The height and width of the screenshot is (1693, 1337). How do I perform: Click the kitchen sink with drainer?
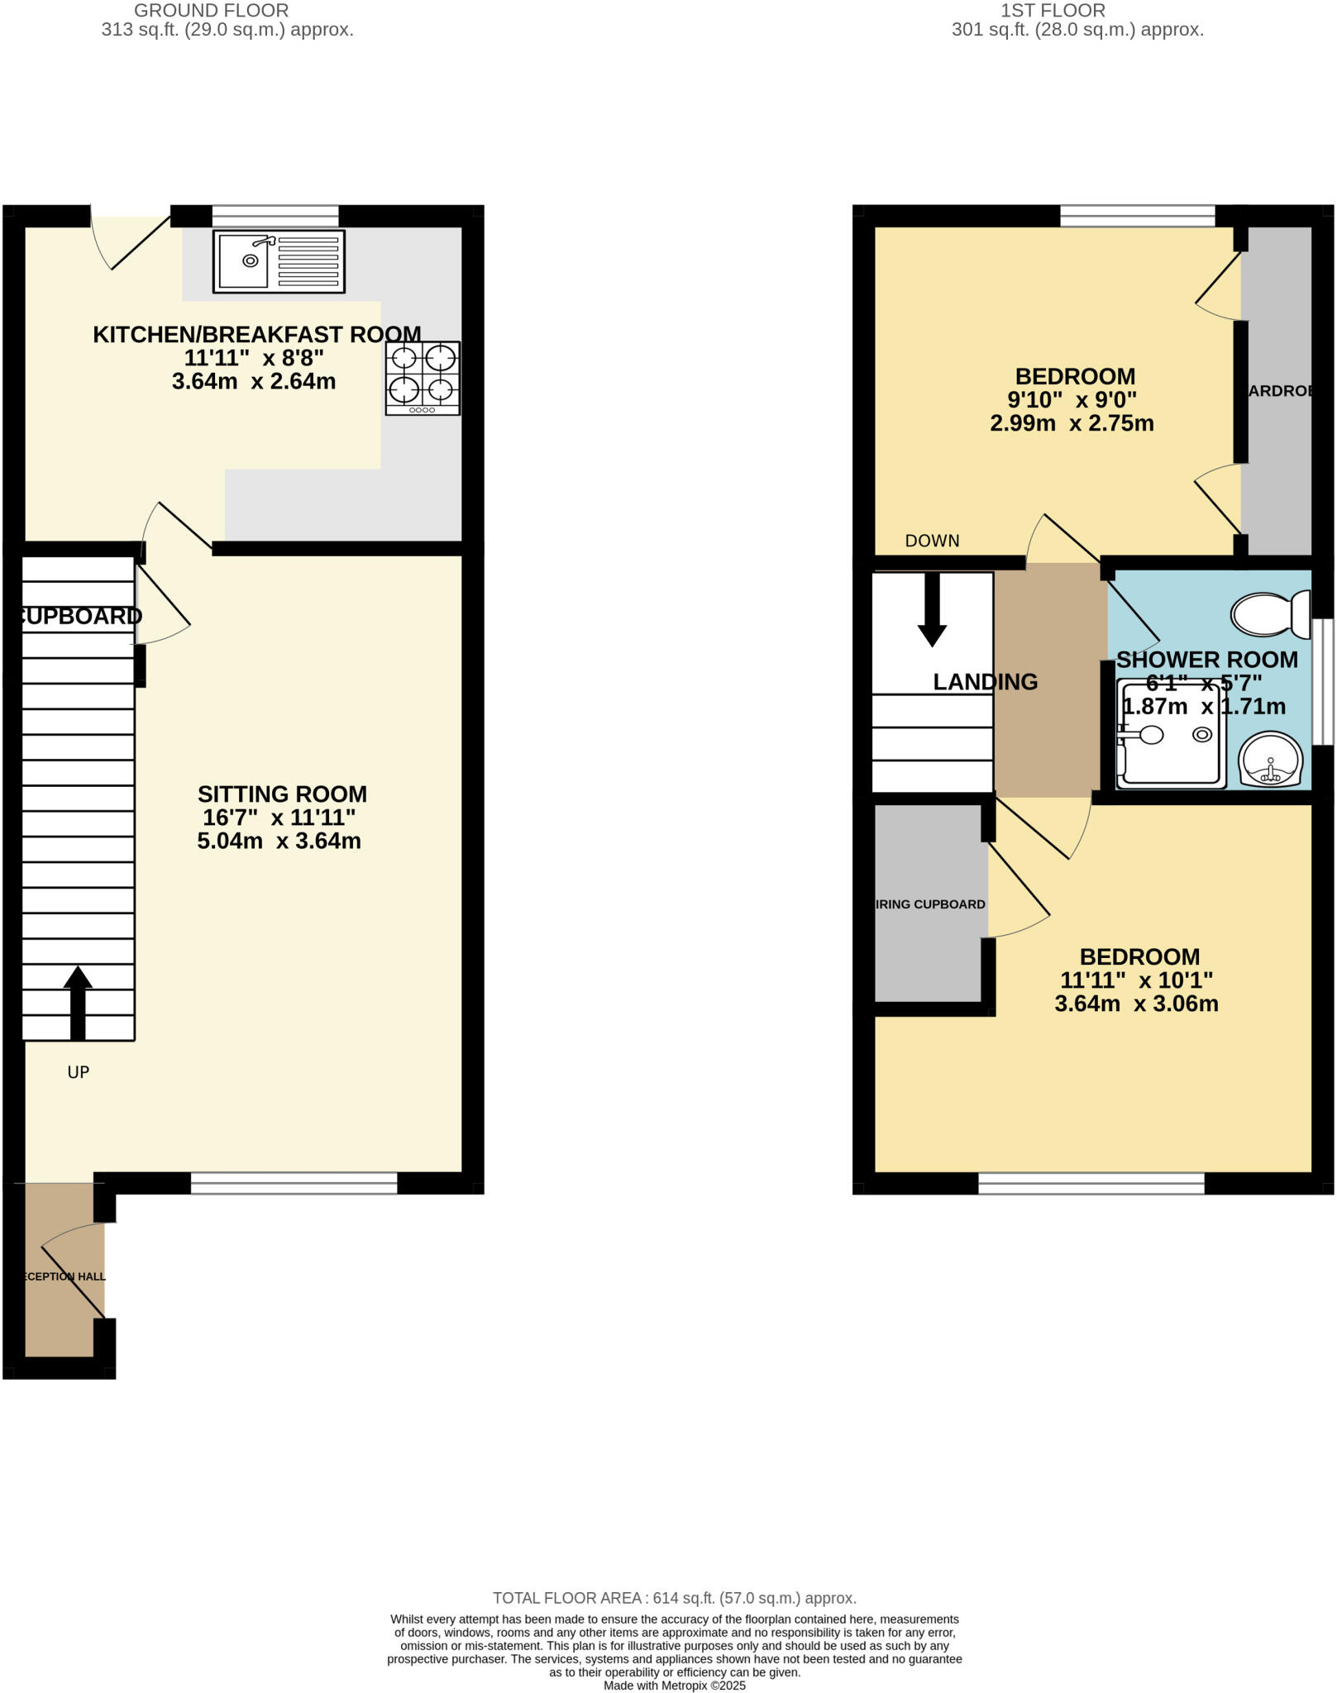(x=279, y=261)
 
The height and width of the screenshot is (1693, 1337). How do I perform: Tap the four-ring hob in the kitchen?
(x=423, y=378)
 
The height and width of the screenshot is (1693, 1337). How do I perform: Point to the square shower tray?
(x=1170, y=734)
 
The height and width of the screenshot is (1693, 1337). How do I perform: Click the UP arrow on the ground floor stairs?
(x=78, y=1001)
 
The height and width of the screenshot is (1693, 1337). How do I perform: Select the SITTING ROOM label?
(x=282, y=794)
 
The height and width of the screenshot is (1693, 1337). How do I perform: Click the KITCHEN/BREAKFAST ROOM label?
(x=256, y=335)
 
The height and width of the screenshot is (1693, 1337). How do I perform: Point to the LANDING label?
(x=985, y=682)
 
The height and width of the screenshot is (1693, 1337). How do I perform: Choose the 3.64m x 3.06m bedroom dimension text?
(x=1136, y=1004)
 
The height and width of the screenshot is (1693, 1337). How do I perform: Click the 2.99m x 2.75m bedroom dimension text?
(x=1072, y=423)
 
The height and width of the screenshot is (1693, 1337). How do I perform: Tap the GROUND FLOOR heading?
(x=211, y=11)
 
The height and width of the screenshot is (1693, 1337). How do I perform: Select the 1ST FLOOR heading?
(x=1053, y=11)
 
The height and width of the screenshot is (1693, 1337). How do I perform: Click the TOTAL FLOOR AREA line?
(x=674, y=1598)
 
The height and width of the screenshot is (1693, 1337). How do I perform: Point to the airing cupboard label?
(x=930, y=904)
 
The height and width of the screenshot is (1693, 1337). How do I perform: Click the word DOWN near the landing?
(x=932, y=541)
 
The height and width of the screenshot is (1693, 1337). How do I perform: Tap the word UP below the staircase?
(x=78, y=1072)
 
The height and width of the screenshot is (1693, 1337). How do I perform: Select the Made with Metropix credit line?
(x=674, y=1686)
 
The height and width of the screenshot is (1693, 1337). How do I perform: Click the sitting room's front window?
(x=294, y=1183)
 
